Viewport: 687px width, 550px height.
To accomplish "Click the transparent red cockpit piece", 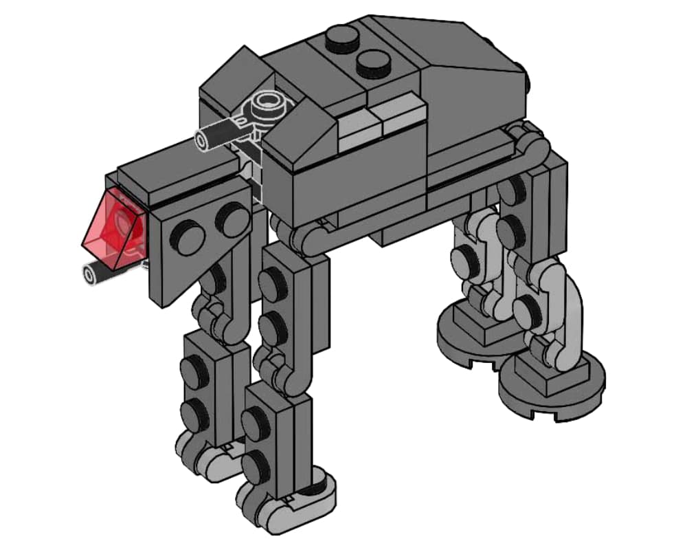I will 115,228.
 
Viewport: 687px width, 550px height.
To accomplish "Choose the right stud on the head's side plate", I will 232,219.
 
